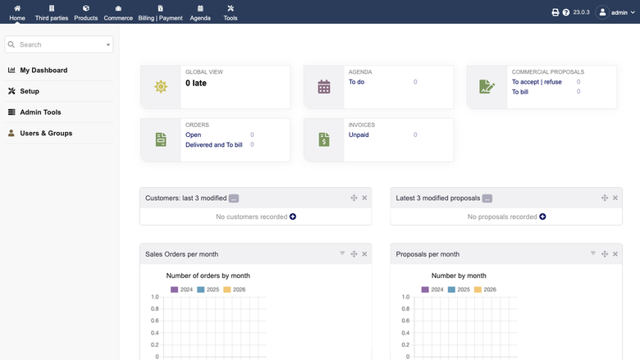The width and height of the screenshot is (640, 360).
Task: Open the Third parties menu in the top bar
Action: point(52,12)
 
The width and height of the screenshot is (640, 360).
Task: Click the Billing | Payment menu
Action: point(160,12)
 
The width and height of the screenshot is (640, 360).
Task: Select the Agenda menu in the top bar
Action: point(200,12)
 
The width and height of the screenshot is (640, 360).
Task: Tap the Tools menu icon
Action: point(231,8)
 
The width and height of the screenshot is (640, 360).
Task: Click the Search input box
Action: point(59,44)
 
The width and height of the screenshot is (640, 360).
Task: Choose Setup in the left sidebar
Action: point(30,91)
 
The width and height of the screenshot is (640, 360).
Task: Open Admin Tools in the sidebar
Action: point(40,112)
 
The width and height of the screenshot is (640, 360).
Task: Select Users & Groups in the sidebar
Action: point(46,134)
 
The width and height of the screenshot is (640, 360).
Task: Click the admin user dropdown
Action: point(615,12)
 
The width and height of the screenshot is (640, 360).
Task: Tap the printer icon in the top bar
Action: point(555,12)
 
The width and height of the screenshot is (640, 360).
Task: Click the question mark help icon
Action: point(565,12)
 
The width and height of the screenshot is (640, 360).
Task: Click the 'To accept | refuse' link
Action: point(537,82)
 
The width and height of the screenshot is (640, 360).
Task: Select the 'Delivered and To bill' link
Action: point(214,144)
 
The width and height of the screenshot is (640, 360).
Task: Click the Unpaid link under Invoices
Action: point(359,135)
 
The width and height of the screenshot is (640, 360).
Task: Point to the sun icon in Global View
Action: point(161,86)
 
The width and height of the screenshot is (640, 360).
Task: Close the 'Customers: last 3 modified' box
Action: point(364,198)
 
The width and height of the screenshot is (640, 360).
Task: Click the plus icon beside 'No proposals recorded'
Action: point(542,216)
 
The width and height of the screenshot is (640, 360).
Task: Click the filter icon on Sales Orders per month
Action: point(342,253)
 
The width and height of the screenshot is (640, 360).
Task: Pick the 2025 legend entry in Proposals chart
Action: point(459,289)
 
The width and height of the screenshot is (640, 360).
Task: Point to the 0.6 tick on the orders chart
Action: point(155,321)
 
